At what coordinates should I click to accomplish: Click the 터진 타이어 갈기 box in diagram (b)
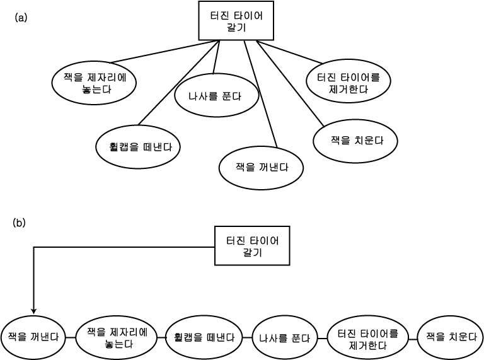pos(252,246)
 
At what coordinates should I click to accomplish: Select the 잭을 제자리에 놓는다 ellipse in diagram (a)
pos(94,83)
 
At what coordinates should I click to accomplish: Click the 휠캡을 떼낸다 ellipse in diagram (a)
pos(138,147)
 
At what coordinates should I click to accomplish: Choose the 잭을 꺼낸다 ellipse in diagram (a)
pos(261,168)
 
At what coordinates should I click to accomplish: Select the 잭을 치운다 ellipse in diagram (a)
pos(355,141)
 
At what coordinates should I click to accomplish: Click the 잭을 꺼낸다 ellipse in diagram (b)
pos(33,337)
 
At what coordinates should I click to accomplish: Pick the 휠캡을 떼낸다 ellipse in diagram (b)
pos(204,337)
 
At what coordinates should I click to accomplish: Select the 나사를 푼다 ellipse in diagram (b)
pos(284,338)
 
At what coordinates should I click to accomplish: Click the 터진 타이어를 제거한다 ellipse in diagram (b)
pos(368,338)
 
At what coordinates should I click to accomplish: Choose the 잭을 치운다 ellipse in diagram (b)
pos(450,337)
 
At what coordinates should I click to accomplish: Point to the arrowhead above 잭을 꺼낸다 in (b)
pos(33,311)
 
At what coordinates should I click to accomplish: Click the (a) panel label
pos(21,18)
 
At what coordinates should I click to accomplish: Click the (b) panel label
pos(20,223)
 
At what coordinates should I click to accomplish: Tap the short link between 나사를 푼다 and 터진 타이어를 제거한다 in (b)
pos(322,339)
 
